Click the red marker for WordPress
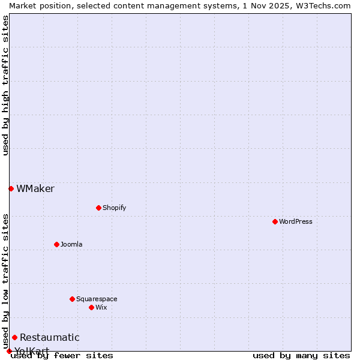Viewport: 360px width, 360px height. (275, 221)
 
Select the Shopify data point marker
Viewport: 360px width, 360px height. (98, 208)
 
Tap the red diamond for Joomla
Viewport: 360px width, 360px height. (56, 244)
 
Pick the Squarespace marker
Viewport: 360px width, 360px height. (72, 299)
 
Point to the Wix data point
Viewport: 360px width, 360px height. (91, 307)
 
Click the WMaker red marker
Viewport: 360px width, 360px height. (11, 188)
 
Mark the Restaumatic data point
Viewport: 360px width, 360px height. (14, 337)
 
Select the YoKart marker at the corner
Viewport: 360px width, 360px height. (9, 351)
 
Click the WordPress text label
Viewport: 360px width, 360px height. (296, 221)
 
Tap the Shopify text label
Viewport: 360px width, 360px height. (114, 208)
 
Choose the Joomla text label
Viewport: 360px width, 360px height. (71, 244)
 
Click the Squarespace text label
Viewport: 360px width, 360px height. (97, 299)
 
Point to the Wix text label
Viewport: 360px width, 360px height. (101, 307)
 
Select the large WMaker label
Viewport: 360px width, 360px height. (35, 188)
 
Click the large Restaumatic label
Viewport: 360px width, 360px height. (50, 337)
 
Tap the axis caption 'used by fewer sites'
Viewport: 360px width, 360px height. (62, 355)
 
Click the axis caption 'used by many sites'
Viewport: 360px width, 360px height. (301, 355)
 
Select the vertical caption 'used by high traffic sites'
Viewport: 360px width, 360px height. (6, 85)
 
